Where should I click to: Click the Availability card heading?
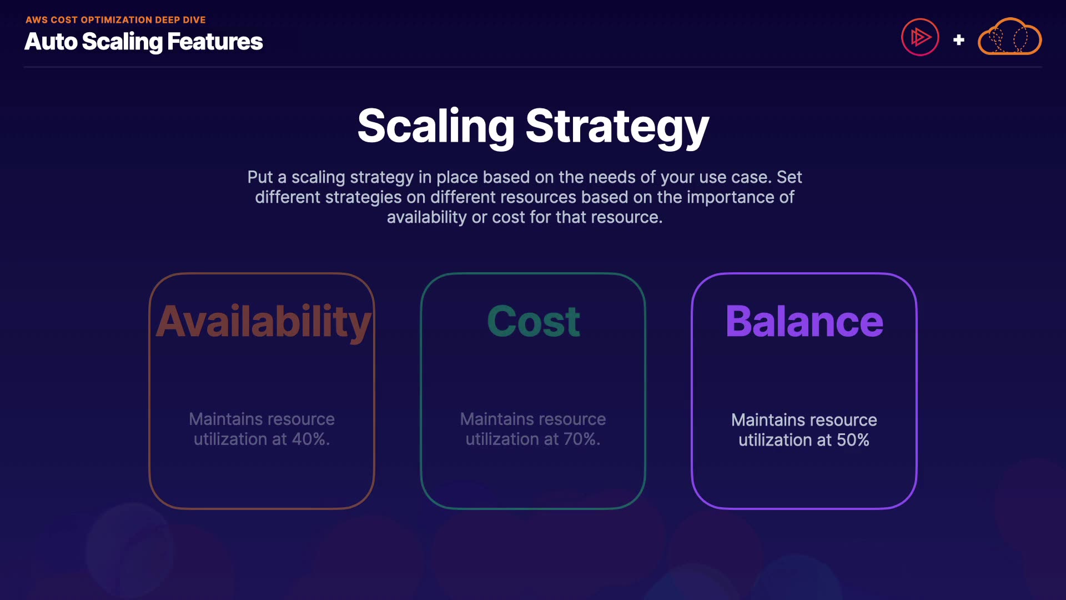click(263, 322)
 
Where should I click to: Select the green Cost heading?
click(534, 322)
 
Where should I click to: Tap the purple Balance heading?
click(804, 322)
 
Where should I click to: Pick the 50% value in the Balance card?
click(853, 440)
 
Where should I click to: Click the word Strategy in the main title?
click(617, 127)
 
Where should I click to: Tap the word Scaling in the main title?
click(436, 127)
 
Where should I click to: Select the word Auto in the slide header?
click(51, 42)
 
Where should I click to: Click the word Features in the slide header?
click(215, 42)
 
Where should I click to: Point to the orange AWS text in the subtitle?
click(37, 20)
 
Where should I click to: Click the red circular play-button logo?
click(920, 37)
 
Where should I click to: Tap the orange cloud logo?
click(1009, 37)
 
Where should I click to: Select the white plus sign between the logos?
click(958, 40)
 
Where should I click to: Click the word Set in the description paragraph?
click(789, 177)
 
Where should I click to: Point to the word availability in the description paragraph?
click(426, 217)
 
